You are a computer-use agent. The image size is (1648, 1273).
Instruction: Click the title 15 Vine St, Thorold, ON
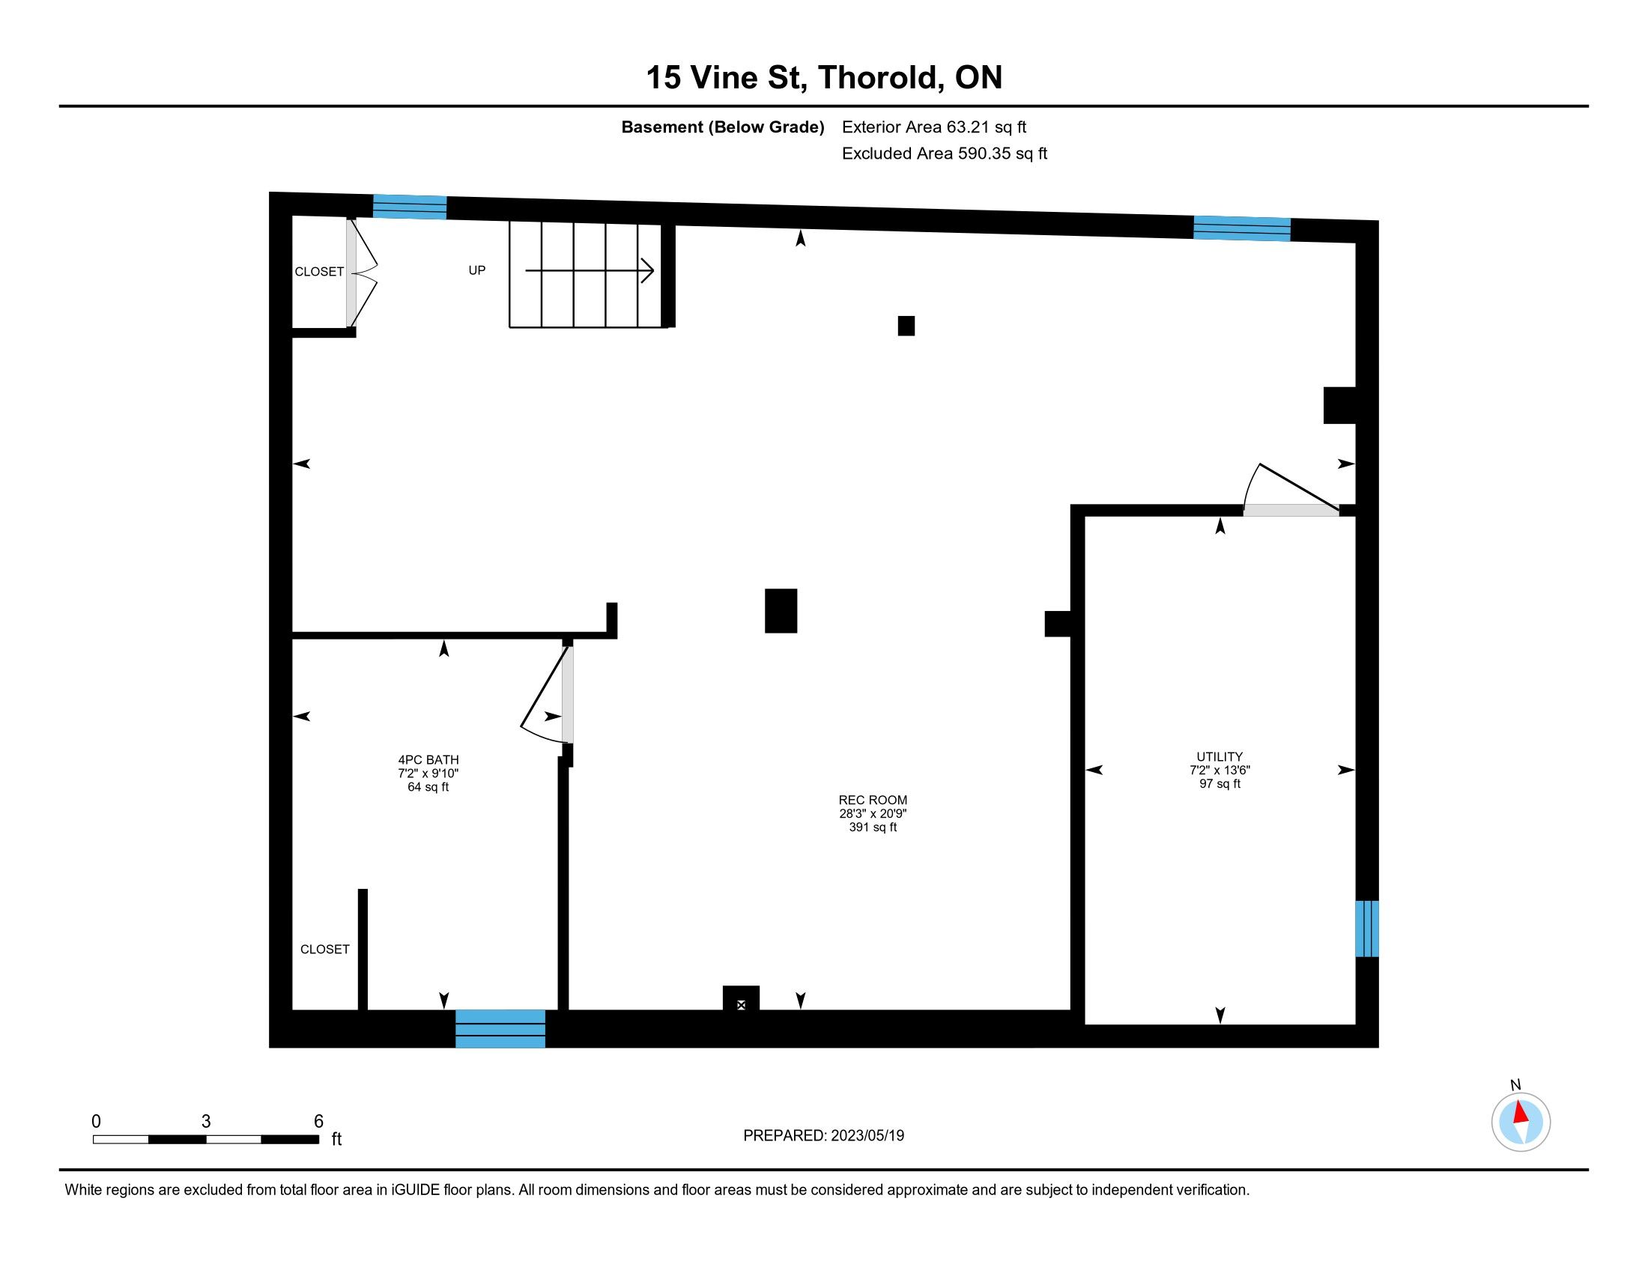pos(824,78)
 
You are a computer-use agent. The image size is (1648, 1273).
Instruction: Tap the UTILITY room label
pos(1220,756)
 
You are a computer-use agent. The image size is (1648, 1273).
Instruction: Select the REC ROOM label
pos(873,800)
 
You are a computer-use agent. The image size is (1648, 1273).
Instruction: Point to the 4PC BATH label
pos(428,760)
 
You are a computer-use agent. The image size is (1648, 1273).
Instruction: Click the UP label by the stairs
pos(477,270)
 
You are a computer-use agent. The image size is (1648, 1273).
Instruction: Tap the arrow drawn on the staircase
pos(590,270)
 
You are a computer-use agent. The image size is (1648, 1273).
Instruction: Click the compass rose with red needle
pos(1521,1122)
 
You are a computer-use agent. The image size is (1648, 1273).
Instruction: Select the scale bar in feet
pos(206,1139)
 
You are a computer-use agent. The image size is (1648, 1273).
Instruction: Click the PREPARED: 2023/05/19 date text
pos(823,1136)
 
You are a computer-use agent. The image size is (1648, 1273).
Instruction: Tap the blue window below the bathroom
pos(500,1029)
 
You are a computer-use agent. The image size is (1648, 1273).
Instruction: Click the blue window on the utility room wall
pos(1366,929)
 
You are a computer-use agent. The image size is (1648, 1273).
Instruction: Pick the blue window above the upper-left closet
pos(410,207)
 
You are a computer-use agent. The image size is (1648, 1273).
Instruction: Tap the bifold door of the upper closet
pos(363,273)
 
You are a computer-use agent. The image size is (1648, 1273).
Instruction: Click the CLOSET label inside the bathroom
pos(325,950)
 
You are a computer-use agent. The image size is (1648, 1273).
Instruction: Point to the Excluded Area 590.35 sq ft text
pos(945,154)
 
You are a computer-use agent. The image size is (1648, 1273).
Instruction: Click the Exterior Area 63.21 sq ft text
pos(934,127)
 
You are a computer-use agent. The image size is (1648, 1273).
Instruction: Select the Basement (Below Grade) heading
pos(722,127)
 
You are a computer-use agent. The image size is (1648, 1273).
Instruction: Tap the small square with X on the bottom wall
pos(741,1004)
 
